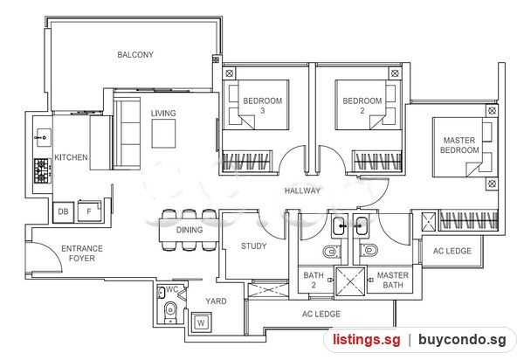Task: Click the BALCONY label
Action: [x=135, y=54]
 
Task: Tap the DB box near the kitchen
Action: [x=63, y=212]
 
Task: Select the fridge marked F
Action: [x=89, y=211]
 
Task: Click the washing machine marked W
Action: [x=201, y=322]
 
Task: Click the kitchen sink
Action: [x=44, y=137]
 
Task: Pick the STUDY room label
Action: [x=254, y=246]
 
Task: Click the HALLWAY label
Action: [x=302, y=190]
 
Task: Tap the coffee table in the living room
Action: [x=163, y=134]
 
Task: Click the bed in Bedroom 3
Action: [x=256, y=105]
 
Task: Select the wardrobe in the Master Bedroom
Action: [x=468, y=220]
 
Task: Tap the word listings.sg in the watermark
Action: [x=366, y=340]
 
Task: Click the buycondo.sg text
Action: [x=462, y=340]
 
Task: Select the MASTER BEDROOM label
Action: [x=459, y=145]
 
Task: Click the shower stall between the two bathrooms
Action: [x=350, y=281]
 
